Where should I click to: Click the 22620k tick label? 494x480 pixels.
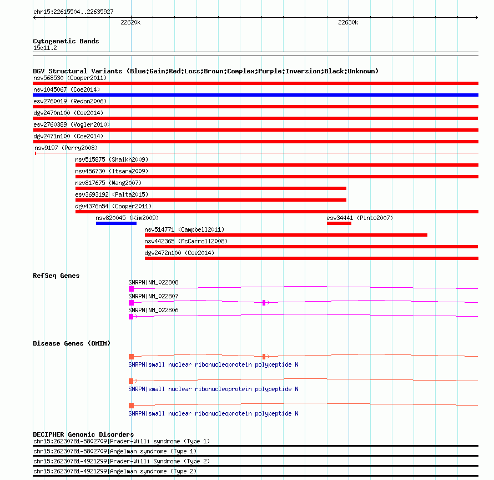[130, 23]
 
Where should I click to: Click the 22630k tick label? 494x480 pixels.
[348, 23]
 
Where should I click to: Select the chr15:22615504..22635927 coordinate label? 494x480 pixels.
[73, 12]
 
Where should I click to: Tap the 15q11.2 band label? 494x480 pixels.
[45, 48]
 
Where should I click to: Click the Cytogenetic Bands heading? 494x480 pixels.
[66, 41]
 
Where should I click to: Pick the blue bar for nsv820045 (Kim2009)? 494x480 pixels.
[116, 223]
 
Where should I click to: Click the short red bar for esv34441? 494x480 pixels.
[339, 223]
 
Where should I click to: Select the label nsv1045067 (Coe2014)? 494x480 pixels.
[66, 89]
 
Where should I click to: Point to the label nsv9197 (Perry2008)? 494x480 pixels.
[65, 148]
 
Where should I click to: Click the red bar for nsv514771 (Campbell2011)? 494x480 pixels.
[286, 235]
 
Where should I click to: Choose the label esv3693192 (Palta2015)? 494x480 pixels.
[108, 194]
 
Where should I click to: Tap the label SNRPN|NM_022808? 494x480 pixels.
[154, 282]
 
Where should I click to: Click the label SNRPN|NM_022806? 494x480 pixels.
[154, 310]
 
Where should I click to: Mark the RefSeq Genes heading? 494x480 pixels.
[56, 276]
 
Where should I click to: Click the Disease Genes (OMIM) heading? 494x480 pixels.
[72, 343]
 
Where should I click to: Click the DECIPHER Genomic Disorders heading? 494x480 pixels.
[83, 434]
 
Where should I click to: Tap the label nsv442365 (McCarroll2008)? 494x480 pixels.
[186, 241]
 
